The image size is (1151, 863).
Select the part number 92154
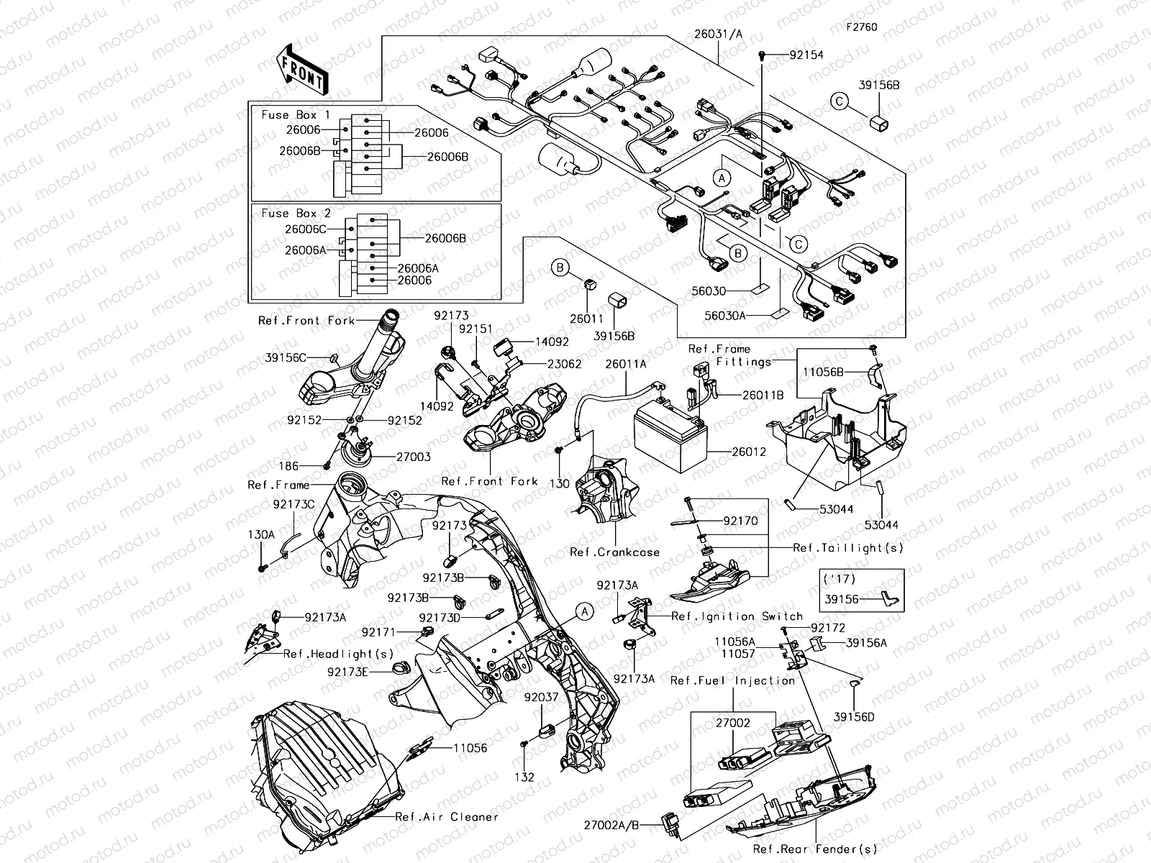806,55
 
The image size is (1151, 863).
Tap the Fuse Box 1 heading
296,115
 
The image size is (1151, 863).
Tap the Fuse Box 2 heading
296,214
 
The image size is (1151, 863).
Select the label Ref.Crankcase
614,552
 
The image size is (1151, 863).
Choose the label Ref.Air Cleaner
447,817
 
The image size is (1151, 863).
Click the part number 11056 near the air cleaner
470,748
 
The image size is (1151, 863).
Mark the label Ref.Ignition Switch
737,616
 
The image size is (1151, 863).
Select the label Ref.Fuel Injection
732,680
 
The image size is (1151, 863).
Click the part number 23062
564,364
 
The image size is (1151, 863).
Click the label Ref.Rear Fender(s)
815,849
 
